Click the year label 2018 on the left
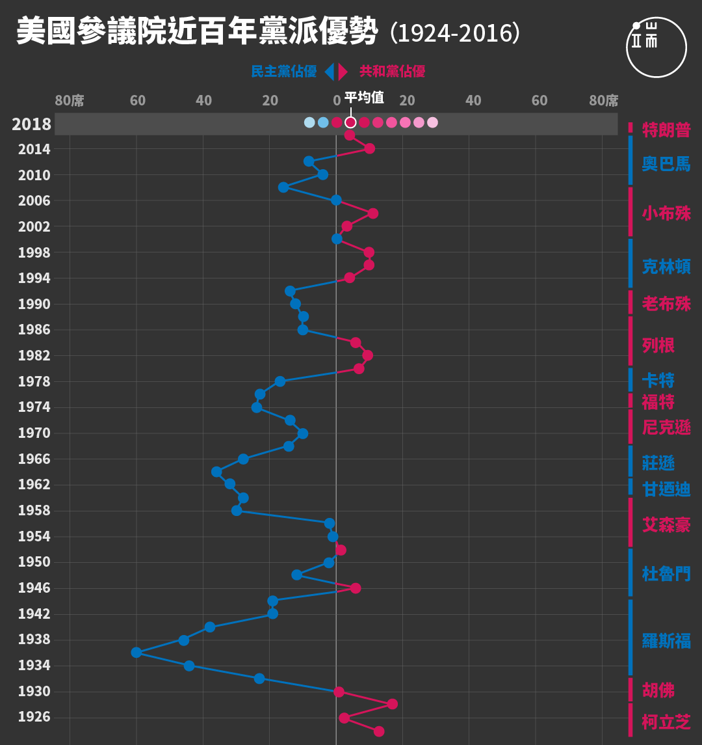(31, 124)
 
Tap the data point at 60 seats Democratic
(136, 653)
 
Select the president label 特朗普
(666, 129)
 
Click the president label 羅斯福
(666, 640)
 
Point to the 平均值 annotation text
(364, 98)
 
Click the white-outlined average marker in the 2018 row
(350, 122)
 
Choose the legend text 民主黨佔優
(283, 72)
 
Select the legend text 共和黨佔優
(392, 72)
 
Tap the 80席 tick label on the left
(69, 101)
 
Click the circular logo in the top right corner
(656, 47)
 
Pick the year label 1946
(34, 588)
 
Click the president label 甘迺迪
(666, 489)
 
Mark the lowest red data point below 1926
(379, 731)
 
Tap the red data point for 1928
(392, 704)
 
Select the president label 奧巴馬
(666, 163)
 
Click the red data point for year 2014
(369, 148)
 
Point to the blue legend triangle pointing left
(329, 72)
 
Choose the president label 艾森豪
(666, 524)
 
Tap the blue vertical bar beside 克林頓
(630, 264)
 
